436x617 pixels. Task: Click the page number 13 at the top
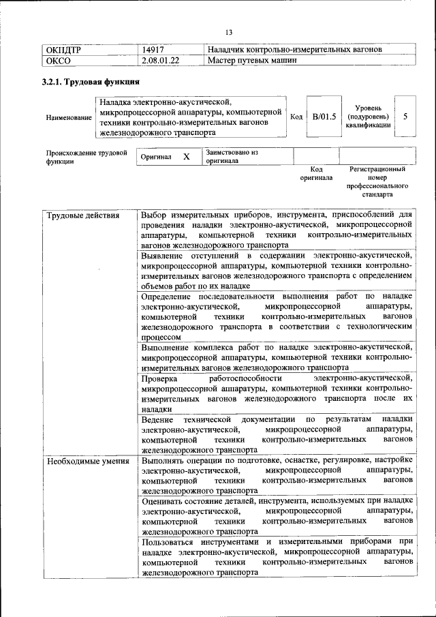click(229, 32)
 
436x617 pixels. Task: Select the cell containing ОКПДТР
click(63, 50)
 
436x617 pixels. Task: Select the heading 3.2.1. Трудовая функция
click(87, 82)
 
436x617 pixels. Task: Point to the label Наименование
click(69, 118)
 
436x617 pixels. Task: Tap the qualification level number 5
click(405, 117)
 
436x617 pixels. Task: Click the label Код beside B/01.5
click(296, 117)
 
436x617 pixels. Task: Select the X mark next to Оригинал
click(186, 157)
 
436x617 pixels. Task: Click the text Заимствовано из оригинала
click(232, 157)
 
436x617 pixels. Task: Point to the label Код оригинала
click(316, 173)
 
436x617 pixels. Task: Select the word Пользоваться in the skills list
click(171, 542)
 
